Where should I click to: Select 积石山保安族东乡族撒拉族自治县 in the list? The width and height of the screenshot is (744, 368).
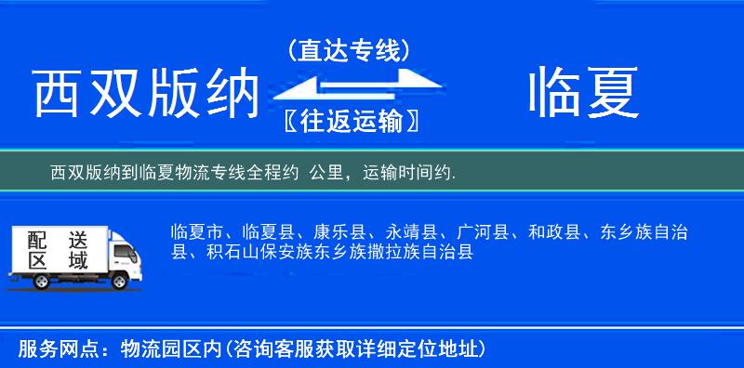[x=337, y=252]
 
